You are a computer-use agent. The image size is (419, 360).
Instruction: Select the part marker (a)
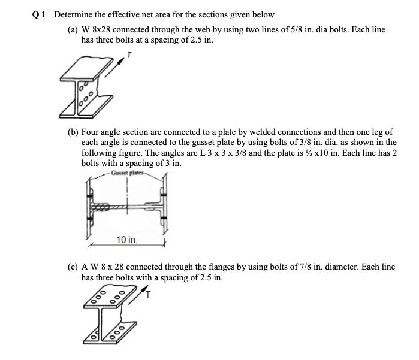(x=73, y=29)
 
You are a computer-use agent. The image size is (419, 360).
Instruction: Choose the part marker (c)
(x=73, y=266)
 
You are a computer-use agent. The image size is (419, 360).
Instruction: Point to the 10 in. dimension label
(x=126, y=240)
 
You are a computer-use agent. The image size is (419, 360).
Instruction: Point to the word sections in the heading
(x=215, y=14)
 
